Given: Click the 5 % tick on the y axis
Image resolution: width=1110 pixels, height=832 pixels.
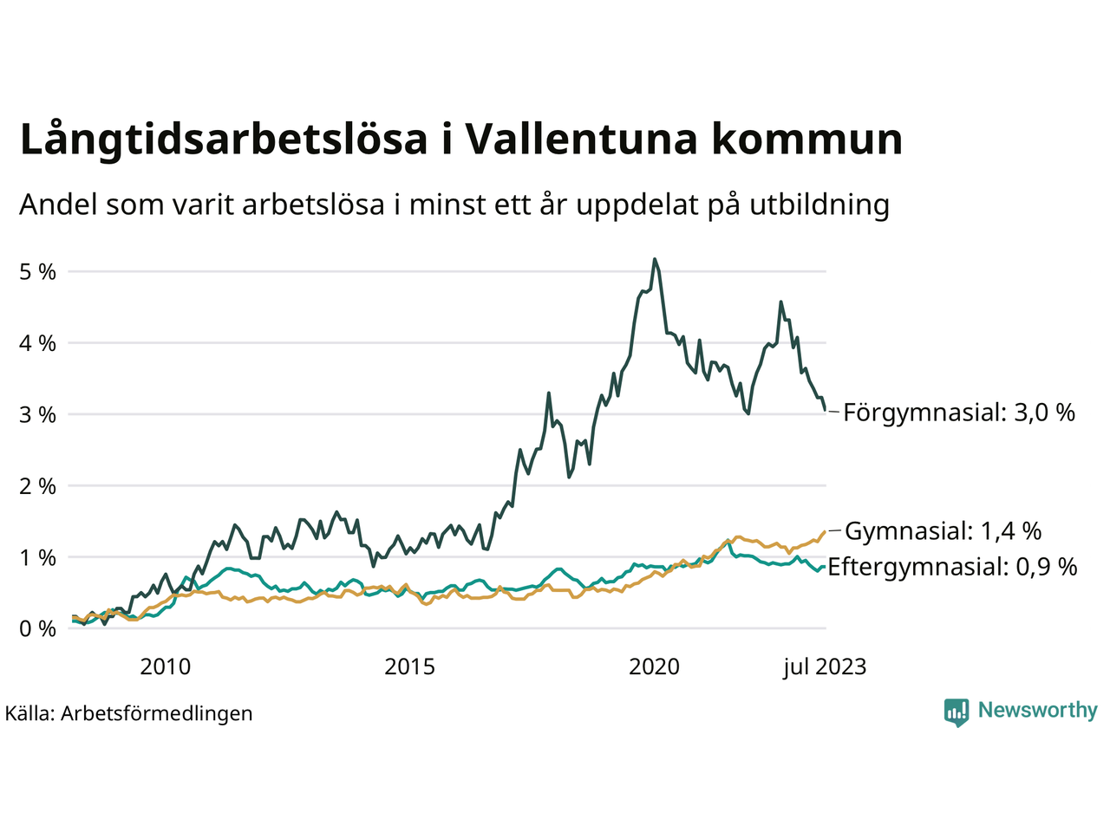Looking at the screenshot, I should (37, 272).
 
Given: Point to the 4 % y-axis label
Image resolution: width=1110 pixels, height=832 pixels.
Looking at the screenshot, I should (37, 343).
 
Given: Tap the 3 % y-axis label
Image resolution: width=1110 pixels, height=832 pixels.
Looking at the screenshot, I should (37, 415).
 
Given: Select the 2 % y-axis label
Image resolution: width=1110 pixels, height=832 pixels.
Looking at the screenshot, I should (37, 486).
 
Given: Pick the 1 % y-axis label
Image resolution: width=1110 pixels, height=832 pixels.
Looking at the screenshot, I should (37, 558).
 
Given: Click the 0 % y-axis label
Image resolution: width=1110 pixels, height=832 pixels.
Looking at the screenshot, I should (37, 629).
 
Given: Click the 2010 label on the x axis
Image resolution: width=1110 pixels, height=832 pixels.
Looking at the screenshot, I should (165, 666).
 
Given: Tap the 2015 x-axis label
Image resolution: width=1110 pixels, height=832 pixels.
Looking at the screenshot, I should (409, 666).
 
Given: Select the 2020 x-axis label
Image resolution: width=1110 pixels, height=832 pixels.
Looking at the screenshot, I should (654, 666).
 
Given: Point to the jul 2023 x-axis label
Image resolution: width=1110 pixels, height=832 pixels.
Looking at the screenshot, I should (824, 666).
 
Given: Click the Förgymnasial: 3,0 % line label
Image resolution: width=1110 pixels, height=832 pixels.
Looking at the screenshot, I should (958, 413).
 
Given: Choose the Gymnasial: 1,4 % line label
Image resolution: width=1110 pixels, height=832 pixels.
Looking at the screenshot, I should (943, 530).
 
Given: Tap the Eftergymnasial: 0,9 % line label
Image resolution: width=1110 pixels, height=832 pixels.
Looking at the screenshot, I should (952, 567).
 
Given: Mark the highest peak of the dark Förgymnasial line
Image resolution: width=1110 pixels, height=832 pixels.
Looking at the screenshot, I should (655, 259).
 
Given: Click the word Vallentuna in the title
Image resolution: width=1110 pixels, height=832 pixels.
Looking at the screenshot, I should (581, 140).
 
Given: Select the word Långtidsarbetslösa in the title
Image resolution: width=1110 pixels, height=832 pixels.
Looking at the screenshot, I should (224, 140).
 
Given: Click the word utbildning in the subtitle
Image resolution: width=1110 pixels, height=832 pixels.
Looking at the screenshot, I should (819, 205).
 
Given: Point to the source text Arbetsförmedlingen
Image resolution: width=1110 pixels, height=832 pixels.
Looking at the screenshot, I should (156, 713).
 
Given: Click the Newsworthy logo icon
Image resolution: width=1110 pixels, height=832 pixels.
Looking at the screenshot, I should (957, 712).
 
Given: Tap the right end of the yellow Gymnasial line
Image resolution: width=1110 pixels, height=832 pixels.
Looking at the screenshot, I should (823, 531).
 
